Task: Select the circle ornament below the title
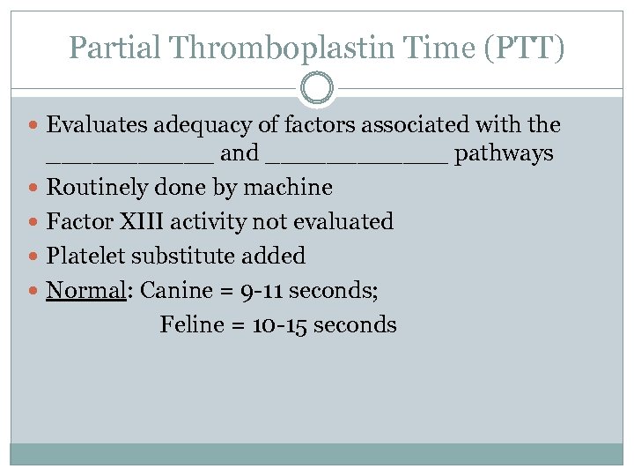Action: (317, 89)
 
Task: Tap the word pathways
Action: (504, 154)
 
